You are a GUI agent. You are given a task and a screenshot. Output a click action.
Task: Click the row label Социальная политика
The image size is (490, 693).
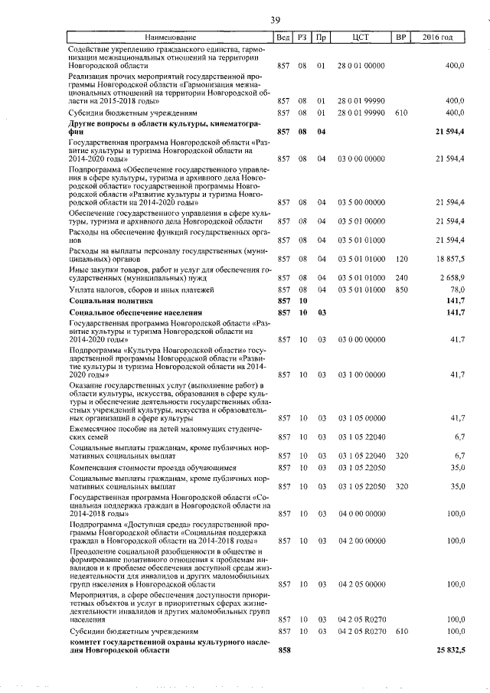tap(111, 301)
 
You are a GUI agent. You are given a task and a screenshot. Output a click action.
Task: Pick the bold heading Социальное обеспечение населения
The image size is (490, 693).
tap(136, 313)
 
